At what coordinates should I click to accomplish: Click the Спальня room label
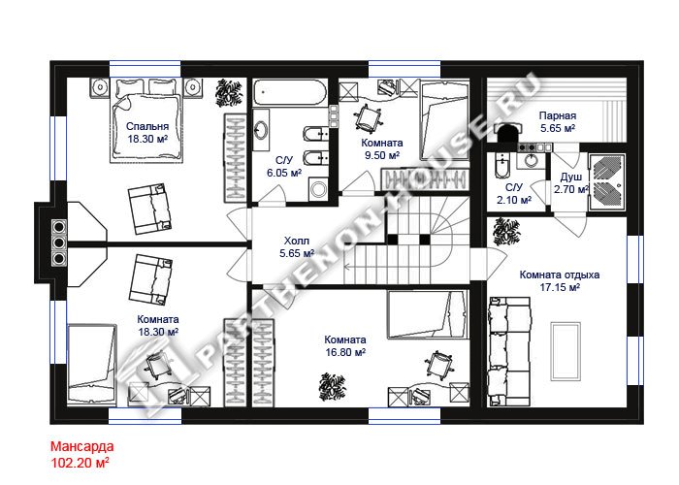[147, 126]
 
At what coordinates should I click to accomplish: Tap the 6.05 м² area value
[284, 174]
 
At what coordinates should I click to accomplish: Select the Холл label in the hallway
[297, 241]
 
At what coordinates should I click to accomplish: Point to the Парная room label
[558, 115]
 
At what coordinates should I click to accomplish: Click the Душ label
[571, 178]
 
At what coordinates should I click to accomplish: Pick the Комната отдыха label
[560, 275]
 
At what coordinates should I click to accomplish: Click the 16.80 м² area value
[345, 352]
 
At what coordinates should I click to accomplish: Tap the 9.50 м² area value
[382, 155]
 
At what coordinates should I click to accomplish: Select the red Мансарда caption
[82, 446]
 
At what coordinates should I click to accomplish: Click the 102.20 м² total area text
[81, 463]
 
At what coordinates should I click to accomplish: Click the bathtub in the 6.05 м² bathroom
[290, 92]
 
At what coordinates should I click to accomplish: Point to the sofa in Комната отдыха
[509, 351]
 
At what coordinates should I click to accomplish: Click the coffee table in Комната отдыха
[566, 351]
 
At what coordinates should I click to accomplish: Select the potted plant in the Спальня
[229, 92]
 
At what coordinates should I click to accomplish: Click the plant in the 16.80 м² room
[332, 387]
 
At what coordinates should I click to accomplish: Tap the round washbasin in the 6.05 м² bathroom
[261, 129]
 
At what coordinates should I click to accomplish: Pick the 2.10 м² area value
[514, 200]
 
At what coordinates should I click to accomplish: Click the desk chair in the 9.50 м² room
[368, 117]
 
